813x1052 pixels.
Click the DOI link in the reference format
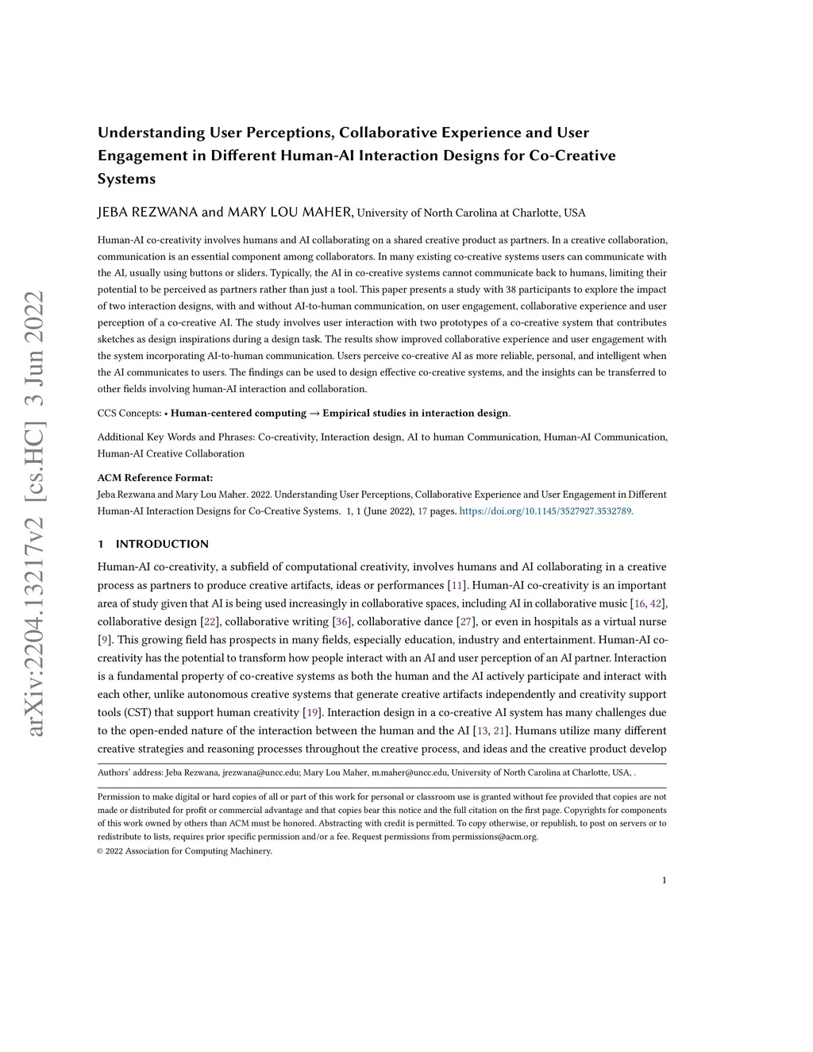(x=546, y=511)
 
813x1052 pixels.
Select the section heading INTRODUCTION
(x=162, y=544)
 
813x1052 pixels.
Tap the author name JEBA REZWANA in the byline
(x=148, y=212)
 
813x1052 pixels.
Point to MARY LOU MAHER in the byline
(x=290, y=212)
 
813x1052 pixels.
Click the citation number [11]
(x=457, y=585)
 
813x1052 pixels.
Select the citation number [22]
(x=210, y=622)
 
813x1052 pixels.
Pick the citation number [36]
(x=342, y=622)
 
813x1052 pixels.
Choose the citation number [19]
(x=313, y=712)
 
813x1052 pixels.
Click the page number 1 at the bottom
(x=664, y=880)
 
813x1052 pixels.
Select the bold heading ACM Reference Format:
(x=155, y=478)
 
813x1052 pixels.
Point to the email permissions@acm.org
(x=495, y=836)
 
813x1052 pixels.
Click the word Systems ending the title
(x=127, y=179)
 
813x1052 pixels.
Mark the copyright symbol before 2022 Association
(x=101, y=851)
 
